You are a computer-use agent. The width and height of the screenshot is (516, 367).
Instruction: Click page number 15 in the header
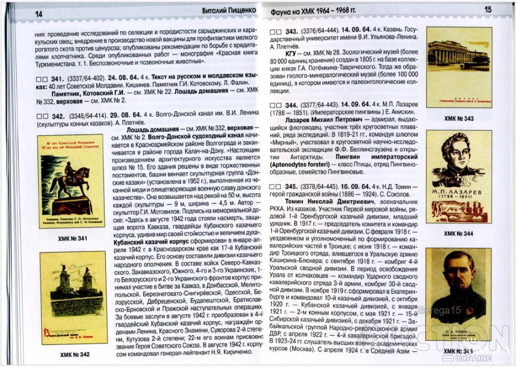(487, 9)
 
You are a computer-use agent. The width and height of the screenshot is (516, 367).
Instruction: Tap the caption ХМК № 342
(74, 354)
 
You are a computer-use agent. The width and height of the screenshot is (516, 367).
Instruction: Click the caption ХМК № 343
(459, 118)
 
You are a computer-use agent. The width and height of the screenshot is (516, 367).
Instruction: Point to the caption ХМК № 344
(459, 233)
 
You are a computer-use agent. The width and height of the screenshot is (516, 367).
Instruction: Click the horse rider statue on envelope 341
(70, 179)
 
